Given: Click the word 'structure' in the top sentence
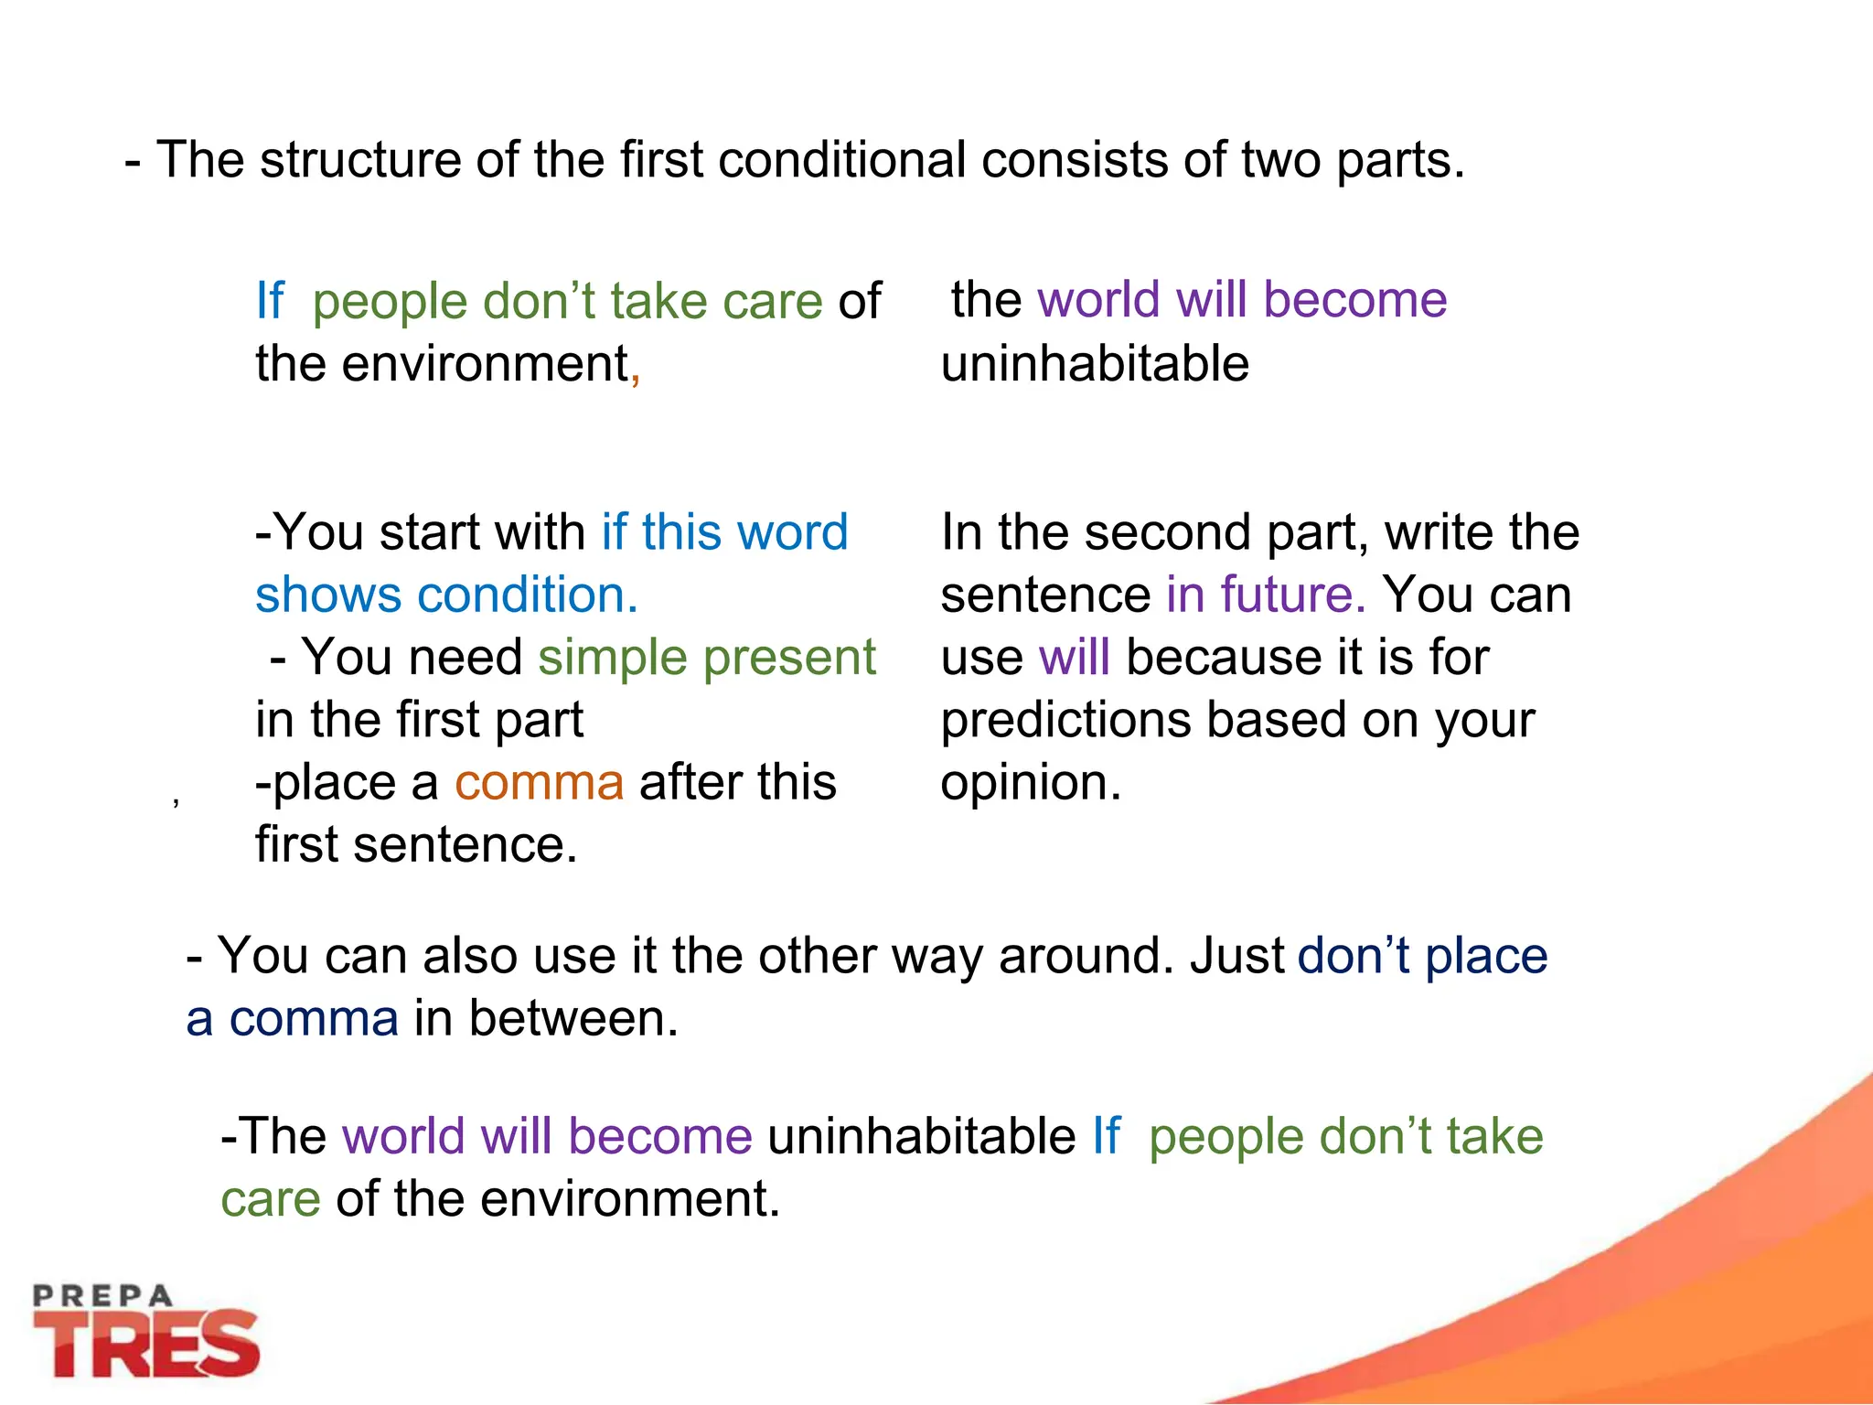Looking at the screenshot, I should click(359, 161).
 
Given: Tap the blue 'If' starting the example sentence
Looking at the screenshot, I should click(270, 301).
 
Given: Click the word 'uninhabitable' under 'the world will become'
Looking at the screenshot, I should click(1095, 364).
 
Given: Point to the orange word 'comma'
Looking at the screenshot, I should click(539, 783).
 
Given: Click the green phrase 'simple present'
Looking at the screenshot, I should click(707, 659).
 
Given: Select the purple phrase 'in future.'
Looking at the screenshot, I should click(1266, 595).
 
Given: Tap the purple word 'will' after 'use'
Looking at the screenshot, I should click(1075, 658).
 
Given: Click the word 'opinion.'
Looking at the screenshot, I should click(1031, 784).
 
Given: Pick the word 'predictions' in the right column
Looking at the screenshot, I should click(1065, 721).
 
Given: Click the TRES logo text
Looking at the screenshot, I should click(146, 1345).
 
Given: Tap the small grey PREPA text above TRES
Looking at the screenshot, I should click(102, 1295).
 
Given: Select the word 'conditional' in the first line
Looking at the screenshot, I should click(841, 161).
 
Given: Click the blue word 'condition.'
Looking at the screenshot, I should click(528, 595).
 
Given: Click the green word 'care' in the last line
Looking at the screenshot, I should click(271, 1199).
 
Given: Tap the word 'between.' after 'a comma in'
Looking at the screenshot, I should click(573, 1019).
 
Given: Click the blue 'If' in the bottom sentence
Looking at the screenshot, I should click(1106, 1137).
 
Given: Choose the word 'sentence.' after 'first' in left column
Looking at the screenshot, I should click(466, 845).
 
